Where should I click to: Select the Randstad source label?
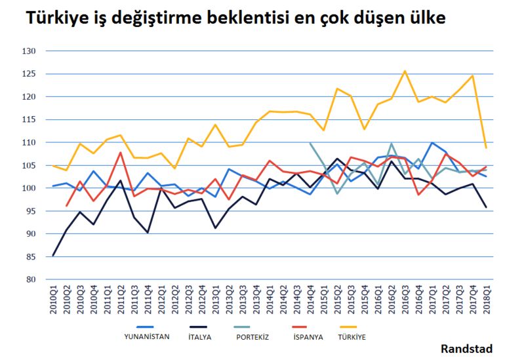(x=466, y=348)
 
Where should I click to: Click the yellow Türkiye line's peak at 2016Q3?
(x=405, y=71)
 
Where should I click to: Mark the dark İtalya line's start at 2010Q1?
(x=53, y=255)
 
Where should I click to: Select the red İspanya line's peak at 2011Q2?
(x=121, y=152)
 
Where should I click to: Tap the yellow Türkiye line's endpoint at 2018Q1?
(x=486, y=148)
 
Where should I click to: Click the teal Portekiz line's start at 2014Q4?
(x=310, y=143)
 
